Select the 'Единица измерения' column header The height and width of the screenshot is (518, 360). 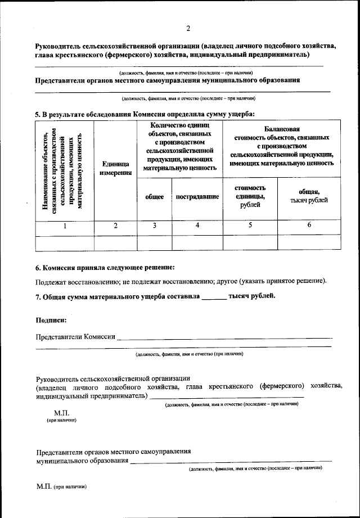[116, 168]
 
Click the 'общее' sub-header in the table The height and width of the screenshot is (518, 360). [154, 197]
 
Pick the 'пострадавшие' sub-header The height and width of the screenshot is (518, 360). [197, 197]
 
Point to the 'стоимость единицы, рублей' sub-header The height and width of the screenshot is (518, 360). [250, 196]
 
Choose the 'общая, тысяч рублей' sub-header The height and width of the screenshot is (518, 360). [309, 196]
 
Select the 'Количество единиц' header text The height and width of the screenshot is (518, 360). [179, 127]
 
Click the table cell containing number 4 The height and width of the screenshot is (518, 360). [197, 226]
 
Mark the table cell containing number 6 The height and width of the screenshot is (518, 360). [309, 226]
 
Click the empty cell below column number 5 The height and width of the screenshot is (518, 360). [250, 242]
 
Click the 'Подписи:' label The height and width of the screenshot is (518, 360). [51, 320]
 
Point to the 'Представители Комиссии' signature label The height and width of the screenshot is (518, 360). [75, 337]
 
